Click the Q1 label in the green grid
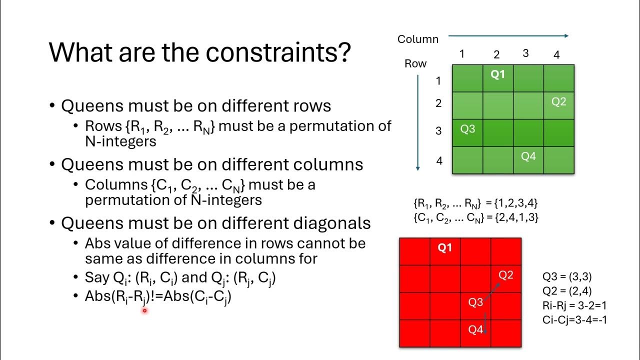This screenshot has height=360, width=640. [497, 74]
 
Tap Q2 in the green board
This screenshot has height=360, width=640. [558, 101]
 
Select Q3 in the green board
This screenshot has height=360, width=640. [467, 129]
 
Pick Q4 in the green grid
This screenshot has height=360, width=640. [528, 156]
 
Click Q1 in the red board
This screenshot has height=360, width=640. [444, 247]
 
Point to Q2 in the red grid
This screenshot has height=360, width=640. [506, 274]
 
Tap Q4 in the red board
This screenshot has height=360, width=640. [475, 329]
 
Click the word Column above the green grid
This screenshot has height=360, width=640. [418, 39]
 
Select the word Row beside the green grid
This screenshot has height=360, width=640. [415, 63]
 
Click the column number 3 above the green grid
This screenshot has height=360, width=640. [525, 53]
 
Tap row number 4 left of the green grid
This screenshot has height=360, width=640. [439, 161]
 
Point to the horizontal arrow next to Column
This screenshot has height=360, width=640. [508, 35]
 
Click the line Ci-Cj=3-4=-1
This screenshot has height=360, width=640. [574, 319]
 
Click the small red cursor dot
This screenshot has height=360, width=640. [144, 310]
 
